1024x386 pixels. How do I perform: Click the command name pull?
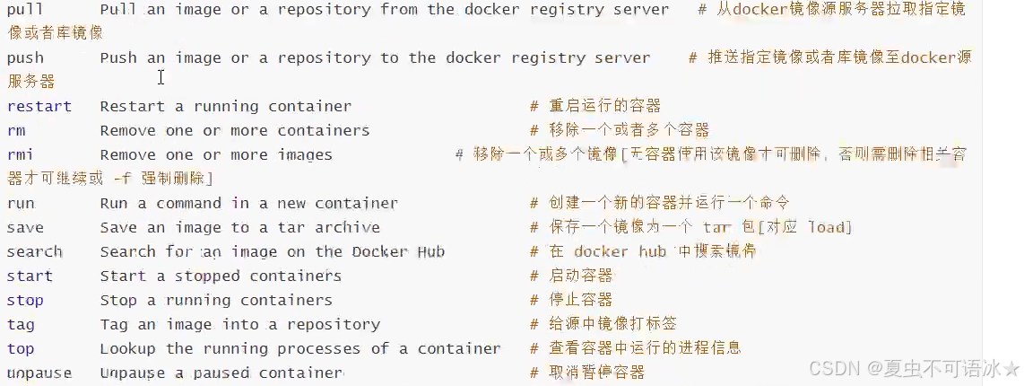pyautogui.click(x=25, y=10)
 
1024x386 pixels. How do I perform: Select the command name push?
pyautogui.click(x=25, y=58)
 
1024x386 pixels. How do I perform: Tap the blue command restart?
pyautogui.click(x=39, y=107)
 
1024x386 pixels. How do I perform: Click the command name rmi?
pyautogui.click(x=21, y=155)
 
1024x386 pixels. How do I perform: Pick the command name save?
pyautogui.click(x=25, y=228)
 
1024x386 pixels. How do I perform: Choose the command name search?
pyautogui.click(x=35, y=252)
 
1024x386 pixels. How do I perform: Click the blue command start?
pyautogui.click(x=30, y=276)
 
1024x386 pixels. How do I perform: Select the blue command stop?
pyautogui.click(x=25, y=301)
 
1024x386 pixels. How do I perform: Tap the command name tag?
pyautogui.click(x=21, y=325)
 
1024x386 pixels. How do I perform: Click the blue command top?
pyautogui.click(x=21, y=349)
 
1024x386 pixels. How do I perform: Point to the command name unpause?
pyautogui.click(x=39, y=373)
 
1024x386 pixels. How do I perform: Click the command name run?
pyautogui.click(x=21, y=204)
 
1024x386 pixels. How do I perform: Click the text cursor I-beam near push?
pyautogui.click(x=161, y=77)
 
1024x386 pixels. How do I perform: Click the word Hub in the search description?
pyautogui.click(x=430, y=252)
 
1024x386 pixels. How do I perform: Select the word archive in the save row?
pyautogui.click(x=347, y=228)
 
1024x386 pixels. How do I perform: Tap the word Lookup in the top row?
pyautogui.click(x=128, y=349)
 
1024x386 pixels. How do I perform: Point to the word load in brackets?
pyautogui.click(x=826, y=228)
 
